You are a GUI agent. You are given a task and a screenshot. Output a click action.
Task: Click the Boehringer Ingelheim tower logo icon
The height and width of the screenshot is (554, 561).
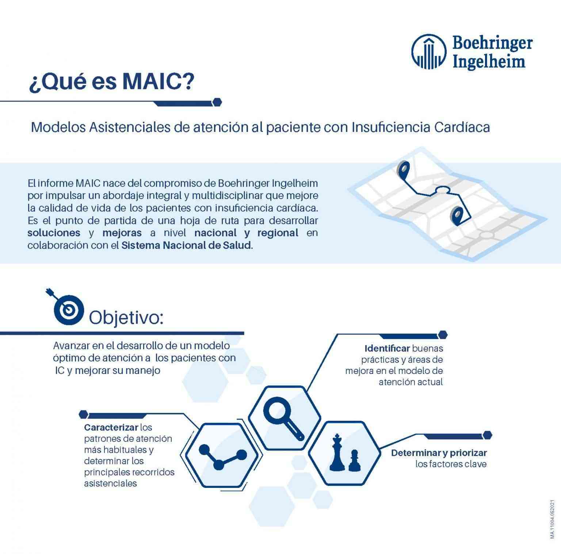coord(429,51)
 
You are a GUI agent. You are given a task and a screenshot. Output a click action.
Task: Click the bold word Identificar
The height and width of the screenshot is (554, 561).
coord(387,348)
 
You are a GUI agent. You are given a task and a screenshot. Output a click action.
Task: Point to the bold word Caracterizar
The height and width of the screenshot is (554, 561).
coord(111,427)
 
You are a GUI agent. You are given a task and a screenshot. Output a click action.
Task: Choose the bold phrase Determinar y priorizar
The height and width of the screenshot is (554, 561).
coord(439,453)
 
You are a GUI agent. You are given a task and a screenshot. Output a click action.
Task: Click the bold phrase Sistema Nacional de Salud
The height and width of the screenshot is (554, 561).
coord(186,245)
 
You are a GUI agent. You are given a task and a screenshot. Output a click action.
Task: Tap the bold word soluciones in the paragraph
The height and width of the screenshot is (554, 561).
coord(54,233)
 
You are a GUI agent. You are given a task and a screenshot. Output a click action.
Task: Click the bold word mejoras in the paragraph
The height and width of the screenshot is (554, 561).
coord(122,233)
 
